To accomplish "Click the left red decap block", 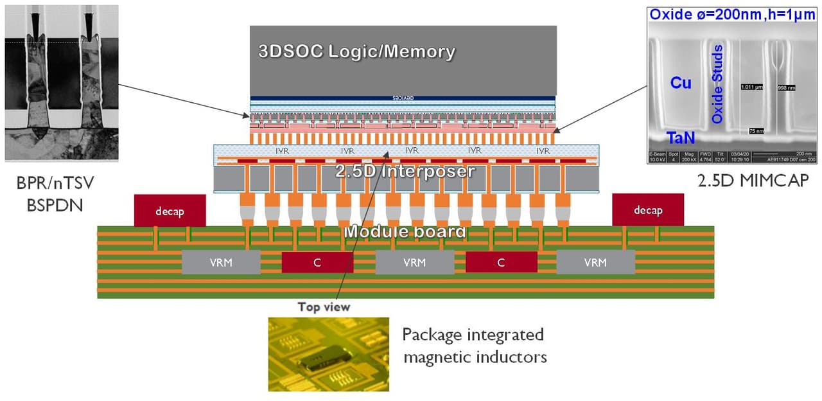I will click(x=170, y=210).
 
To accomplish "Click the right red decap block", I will click(x=647, y=210).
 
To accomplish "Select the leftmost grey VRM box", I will click(x=222, y=262).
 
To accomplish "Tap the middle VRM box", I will click(x=414, y=262).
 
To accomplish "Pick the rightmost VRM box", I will click(x=595, y=262).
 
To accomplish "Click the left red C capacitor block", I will click(x=317, y=262).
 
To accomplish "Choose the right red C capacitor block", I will click(x=501, y=262).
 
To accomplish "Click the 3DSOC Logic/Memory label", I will click(x=356, y=52).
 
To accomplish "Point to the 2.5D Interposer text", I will click(x=405, y=171).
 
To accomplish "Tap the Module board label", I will click(x=405, y=231).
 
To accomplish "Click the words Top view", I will click(x=324, y=307).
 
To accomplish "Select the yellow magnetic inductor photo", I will click(x=328, y=354).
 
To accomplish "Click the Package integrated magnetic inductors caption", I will click(x=474, y=345).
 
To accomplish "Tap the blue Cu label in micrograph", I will click(x=681, y=82).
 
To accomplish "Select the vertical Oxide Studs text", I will click(x=717, y=84).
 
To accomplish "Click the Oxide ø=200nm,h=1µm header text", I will click(x=733, y=14).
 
